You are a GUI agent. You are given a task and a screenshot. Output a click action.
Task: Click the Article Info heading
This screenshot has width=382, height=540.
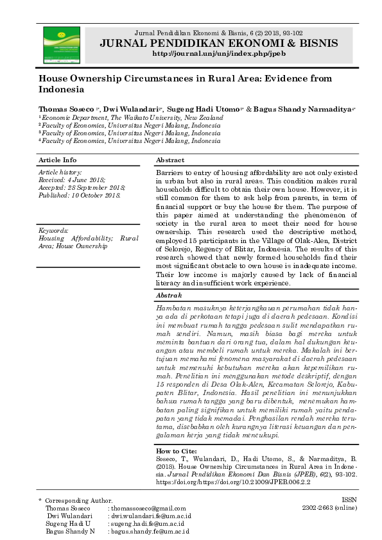[58, 160]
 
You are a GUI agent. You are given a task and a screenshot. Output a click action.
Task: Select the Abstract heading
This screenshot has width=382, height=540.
[170, 160]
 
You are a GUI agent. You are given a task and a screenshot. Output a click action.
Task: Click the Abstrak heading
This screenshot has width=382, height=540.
[169, 296]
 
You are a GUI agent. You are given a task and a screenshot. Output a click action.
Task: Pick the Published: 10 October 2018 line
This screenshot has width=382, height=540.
[80, 195]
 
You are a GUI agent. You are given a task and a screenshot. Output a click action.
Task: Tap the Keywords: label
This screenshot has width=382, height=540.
[54, 230]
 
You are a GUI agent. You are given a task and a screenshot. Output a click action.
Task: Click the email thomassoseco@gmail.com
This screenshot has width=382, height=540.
[143, 507]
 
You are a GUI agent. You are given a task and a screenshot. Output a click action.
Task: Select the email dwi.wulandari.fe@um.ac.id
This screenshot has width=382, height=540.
[150, 515]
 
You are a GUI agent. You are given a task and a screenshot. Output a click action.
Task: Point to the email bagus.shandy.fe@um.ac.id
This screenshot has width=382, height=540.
[150, 531]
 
